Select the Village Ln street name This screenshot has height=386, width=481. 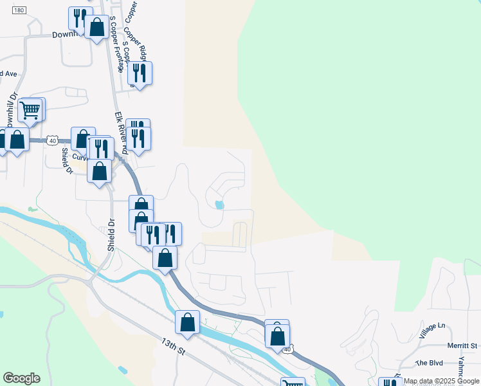pos(431,331)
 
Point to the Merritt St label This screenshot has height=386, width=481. pos(463,346)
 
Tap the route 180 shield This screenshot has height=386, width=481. pos(19,10)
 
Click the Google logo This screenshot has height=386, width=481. pos(21,378)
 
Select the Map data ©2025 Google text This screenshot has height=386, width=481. pos(441,381)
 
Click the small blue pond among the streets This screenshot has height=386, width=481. pos(219,205)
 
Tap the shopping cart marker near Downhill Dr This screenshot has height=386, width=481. pos(30,110)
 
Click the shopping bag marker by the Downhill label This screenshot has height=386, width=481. pos(96,27)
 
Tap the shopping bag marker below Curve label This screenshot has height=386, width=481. pos(99,171)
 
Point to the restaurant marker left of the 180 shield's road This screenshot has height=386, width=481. pos(78,17)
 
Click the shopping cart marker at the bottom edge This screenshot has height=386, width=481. pos(293,383)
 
